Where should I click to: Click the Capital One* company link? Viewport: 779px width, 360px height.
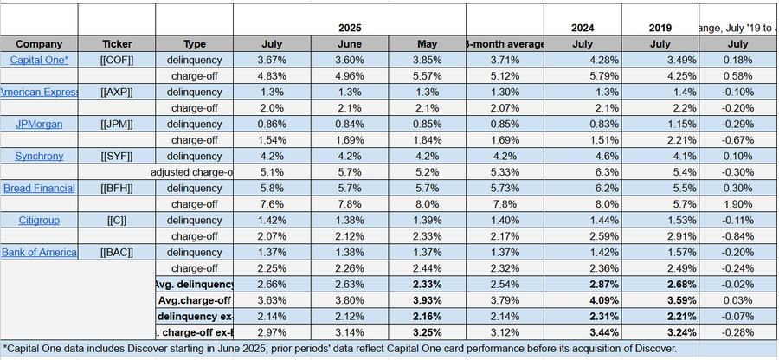38,60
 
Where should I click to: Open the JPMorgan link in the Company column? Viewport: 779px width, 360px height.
38,124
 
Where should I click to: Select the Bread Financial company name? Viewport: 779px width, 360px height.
38,188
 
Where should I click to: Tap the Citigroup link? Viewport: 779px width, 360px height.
38,220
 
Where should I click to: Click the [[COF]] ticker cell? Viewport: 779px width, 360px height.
116,60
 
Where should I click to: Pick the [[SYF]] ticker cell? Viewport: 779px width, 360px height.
116,156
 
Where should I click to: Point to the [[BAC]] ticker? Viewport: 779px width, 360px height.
116,252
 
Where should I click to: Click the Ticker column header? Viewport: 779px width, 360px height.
116,43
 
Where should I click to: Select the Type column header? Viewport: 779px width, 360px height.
195,43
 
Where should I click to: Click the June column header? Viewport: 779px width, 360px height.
350,43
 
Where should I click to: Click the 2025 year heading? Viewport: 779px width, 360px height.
350,27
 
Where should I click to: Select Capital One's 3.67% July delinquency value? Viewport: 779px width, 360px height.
272,60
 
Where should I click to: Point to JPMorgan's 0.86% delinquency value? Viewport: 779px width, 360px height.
272,124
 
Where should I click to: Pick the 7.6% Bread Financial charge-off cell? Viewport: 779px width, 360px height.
272,204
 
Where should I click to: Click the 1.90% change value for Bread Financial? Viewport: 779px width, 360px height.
738,204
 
